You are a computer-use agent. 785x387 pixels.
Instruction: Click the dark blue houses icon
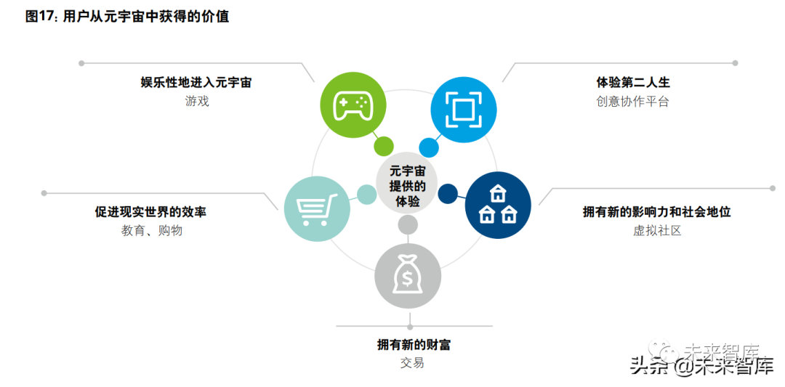tap(498, 205)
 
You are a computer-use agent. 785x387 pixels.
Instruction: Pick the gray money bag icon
tap(408, 277)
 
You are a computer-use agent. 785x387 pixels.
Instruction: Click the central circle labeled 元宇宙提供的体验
tap(407, 186)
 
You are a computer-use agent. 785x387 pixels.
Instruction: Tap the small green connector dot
tap(384, 146)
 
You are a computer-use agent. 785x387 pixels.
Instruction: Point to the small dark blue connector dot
tap(448, 193)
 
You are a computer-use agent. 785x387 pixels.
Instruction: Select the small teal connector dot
tap(367, 194)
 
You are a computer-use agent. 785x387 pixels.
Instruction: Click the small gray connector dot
tap(408, 225)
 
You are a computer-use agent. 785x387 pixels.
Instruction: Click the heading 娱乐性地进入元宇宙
tap(196, 83)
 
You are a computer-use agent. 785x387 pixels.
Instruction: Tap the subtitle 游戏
tap(197, 102)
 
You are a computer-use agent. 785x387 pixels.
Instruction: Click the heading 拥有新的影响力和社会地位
tap(656, 212)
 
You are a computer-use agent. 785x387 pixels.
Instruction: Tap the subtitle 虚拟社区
tap(657, 231)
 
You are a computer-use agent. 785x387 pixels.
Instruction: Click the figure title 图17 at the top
tap(127, 17)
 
